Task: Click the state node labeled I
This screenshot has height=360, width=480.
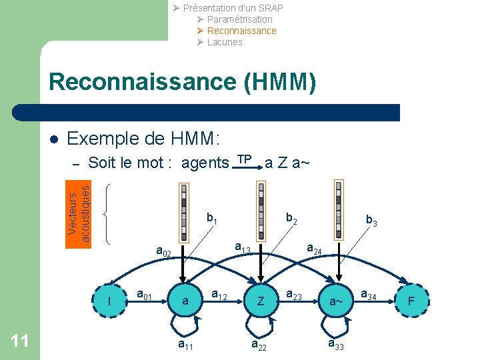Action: (x=109, y=301)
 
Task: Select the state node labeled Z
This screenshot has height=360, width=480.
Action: (x=261, y=301)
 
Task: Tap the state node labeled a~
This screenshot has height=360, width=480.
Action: (x=336, y=301)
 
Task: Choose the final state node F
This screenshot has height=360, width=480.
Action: (x=411, y=301)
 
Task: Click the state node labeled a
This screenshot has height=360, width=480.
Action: (x=185, y=301)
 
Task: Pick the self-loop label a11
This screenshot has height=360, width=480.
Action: (x=186, y=345)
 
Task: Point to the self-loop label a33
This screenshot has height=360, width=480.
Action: (x=336, y=345)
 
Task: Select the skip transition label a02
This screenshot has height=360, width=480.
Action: (x=164, y=252)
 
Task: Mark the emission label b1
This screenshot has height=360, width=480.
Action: (x=213, y=218)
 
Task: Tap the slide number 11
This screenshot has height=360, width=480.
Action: (x=20, y=341)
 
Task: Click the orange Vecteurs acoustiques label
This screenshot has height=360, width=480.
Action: (x=79, y=213)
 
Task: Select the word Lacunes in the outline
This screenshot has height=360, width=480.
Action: (x=225, y=42)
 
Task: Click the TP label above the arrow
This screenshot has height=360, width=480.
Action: (x=245, y=159)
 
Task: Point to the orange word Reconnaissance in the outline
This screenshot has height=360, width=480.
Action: (x=241, y=31)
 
